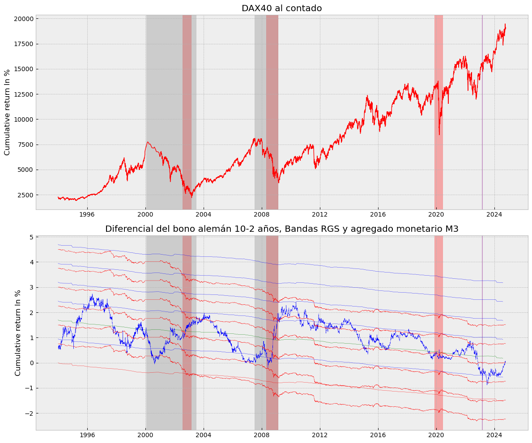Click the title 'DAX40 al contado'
click(x=281, y=9)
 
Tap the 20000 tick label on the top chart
click(x=23, y=19)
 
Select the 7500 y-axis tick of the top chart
click(x=25, y=145)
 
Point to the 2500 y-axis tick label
click(x=25, y=195)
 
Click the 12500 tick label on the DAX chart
click(x=23, y=94)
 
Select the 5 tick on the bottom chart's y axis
click(x=31, y=237)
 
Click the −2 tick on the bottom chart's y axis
click(x=29, y=413)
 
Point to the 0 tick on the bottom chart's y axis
click(x=31, y=363)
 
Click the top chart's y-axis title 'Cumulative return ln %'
click(x=7, y=112)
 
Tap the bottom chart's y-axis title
click(x=18, y=333)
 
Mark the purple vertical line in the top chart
click(x=482, y=112)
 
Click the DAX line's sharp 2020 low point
click(x=439, y=134)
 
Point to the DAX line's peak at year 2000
click(x=148, y=142)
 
